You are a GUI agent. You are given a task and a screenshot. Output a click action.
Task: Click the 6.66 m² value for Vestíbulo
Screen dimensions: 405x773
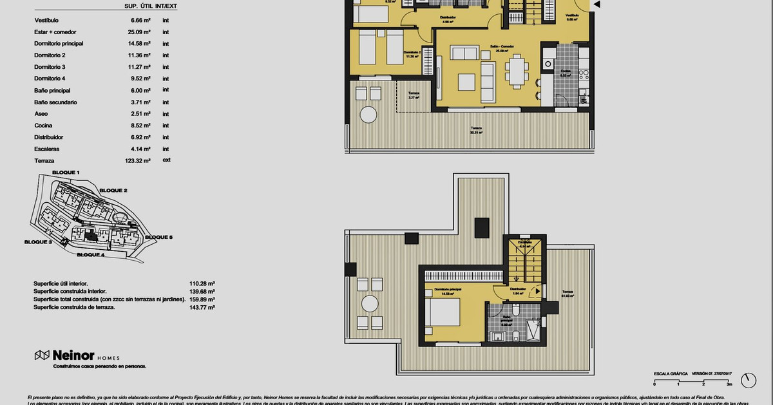(140, 20)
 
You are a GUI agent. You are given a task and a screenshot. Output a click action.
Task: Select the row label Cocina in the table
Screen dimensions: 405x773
(43, 126)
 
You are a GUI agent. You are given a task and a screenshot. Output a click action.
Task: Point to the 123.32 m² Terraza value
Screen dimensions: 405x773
(138, 161)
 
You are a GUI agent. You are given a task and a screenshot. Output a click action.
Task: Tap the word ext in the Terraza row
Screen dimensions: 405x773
(166, 160)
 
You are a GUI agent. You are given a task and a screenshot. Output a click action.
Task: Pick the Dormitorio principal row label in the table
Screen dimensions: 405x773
(59, 44)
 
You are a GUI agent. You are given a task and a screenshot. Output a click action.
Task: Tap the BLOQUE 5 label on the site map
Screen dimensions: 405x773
(158, 238)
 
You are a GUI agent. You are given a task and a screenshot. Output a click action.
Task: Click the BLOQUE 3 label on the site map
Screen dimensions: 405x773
(38, 242)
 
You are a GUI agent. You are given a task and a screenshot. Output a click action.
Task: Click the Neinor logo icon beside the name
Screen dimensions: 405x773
(42, 355)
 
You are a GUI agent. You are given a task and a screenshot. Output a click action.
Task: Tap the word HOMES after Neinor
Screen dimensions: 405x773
(108, 357)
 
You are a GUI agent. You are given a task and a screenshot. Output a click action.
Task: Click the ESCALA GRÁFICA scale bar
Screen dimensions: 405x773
(692, 381)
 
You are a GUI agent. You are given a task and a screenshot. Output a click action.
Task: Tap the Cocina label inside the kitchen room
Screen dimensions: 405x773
(566, 72)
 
